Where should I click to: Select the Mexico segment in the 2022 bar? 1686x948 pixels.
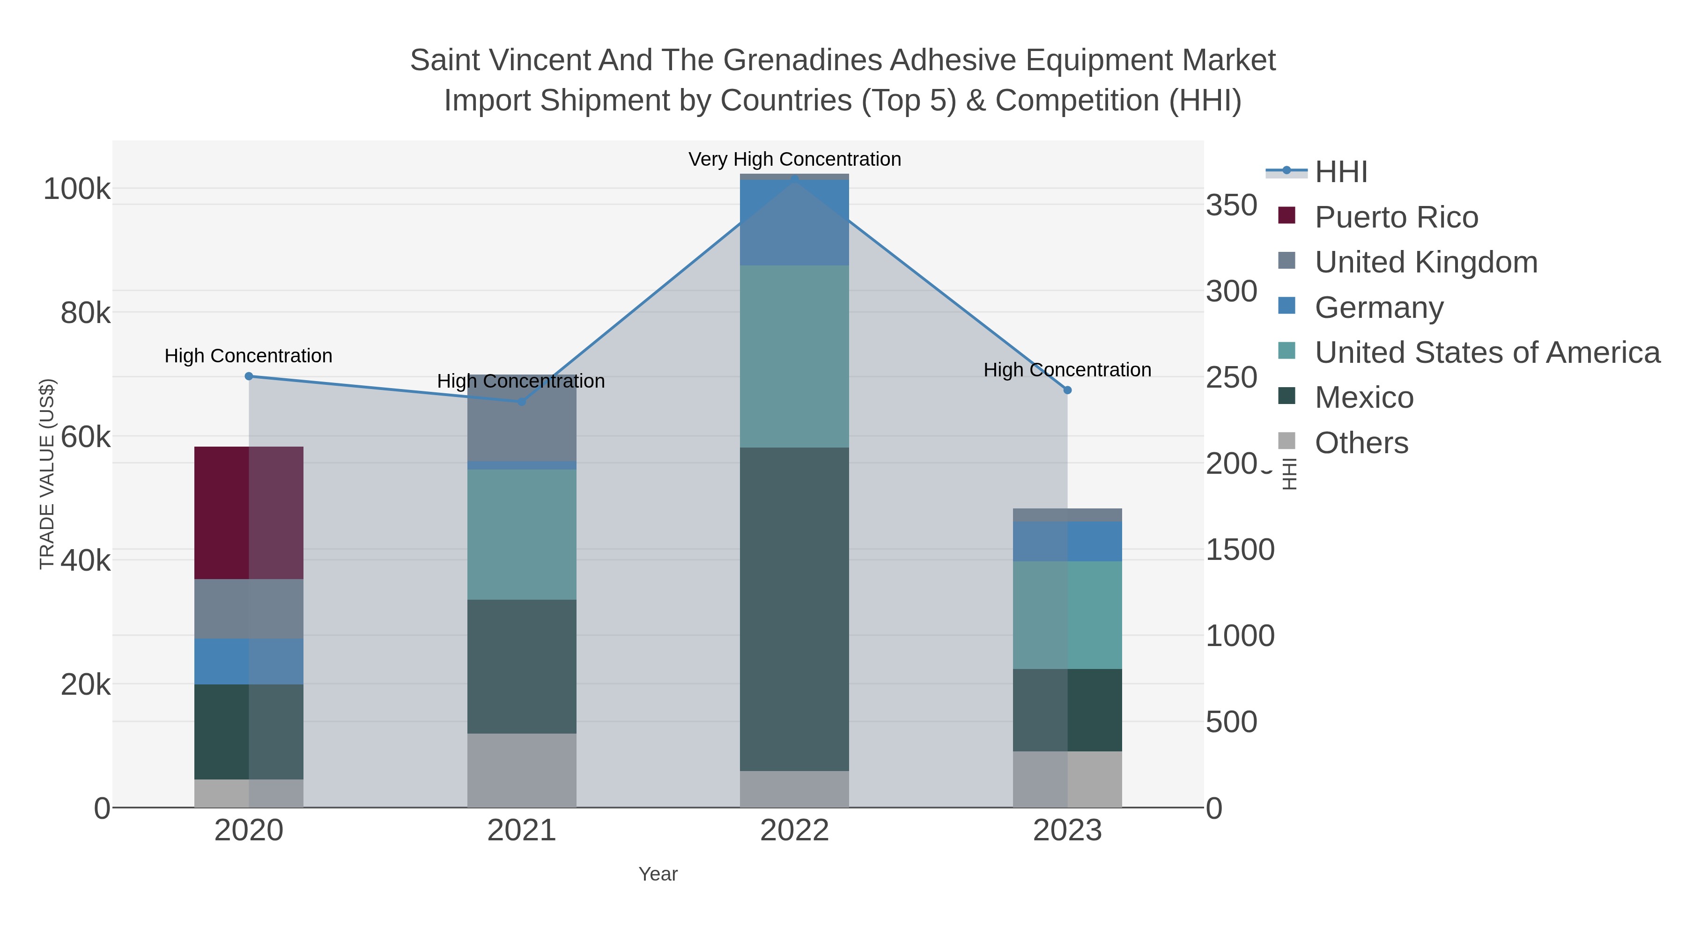point(794,609)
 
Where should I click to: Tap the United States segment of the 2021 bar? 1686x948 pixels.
point(522,534)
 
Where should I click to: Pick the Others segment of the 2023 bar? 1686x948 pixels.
point(1067,779)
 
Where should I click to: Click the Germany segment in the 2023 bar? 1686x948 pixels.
point(1067,541)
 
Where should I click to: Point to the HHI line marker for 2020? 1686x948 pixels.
point(249,376)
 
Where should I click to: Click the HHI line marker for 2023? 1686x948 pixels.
point(1067,390)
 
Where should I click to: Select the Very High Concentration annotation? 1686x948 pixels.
point(795,160)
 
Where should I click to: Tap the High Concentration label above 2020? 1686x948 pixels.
point(249,356)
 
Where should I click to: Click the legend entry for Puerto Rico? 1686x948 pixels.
point(1396,217)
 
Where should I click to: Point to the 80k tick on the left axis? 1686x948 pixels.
point(85,313)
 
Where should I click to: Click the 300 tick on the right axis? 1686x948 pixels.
point(1231,291)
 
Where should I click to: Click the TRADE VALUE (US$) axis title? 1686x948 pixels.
point(47,474)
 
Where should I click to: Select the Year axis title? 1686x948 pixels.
point(658,874)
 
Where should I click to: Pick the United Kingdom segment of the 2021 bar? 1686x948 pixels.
point(522,418)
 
